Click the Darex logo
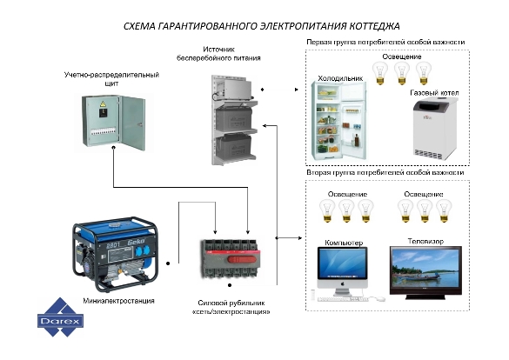click(60, 317)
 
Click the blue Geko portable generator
click(115, 254)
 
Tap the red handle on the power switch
click(243, 259)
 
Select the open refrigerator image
click(338, 121)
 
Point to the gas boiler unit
click(435, 130)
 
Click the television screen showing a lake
click(425, 269)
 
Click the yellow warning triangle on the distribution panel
click(103, 104)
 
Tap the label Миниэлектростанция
click(118, 301)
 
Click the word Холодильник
click(340, 78)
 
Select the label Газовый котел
click(434, 93)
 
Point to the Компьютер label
click(344, 243)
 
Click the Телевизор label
click(425, 241)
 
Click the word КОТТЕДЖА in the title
click(374, 26)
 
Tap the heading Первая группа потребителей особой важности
click(385, 42)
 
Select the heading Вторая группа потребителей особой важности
click(385, 172)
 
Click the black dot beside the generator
click(168, 263)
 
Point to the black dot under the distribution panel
click(114, 148)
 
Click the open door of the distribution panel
click(132, 123)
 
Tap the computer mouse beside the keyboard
click(378, 298)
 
